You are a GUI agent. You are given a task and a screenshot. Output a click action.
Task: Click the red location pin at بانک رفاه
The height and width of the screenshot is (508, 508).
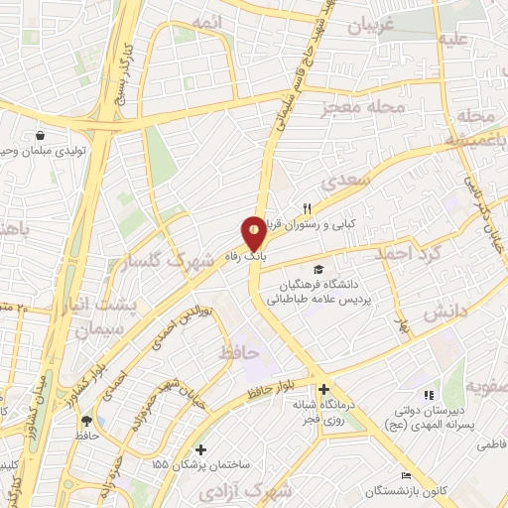tap(255, 233)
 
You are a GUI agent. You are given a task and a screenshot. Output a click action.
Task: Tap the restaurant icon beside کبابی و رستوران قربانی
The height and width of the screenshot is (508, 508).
tap(308, 208)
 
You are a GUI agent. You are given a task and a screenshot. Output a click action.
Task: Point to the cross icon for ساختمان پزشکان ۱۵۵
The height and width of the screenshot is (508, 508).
tap(201, 449)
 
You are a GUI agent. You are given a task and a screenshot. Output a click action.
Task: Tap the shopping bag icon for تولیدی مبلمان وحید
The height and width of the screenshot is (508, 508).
tap(39, 136)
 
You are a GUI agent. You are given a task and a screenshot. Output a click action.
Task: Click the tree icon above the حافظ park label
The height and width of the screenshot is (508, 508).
tap(87, 420)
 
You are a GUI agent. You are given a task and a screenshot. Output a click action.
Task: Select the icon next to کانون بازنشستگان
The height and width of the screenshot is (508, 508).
tap(405, 475)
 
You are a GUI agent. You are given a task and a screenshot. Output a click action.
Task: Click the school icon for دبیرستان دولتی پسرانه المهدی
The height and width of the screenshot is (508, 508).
tap(429, 396)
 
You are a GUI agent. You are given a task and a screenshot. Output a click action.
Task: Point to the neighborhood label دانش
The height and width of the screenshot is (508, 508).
tap(445, 313)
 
